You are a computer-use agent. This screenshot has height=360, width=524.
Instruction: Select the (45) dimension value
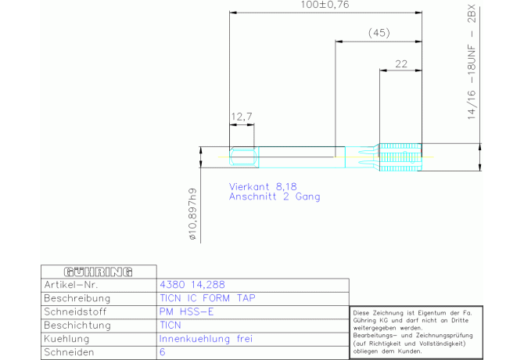(x=379, y=33)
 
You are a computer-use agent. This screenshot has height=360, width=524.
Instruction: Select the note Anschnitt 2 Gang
(x=274, y=197)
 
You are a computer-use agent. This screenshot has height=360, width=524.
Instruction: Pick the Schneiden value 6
(x=162, y=352)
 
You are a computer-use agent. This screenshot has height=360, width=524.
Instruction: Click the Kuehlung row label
(x=67, y=339)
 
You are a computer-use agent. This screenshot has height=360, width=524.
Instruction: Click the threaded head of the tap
(x=400, y=157)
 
